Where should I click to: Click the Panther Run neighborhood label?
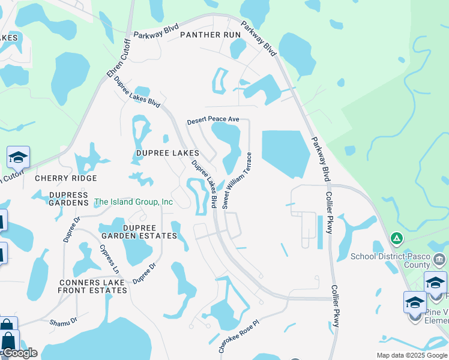click(x=210, y=35)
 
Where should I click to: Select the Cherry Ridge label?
click(x=65, y=178)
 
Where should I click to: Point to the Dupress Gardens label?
click(x=68, y=199)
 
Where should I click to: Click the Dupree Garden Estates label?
click(x=150, y=232)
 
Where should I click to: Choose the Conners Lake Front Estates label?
click(x=92, y=286)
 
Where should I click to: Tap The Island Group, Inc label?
click(x=133, y=202)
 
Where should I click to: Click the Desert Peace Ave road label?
click(x=213, y=121)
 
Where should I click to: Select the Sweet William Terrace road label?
click(x=235, y=180)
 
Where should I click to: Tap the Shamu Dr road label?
click(x=64, y=322)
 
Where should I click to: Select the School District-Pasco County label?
click(x=390, y=260)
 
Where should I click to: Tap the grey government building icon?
click(x=439, y=260)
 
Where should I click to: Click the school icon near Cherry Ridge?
click(x=18, y=157)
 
